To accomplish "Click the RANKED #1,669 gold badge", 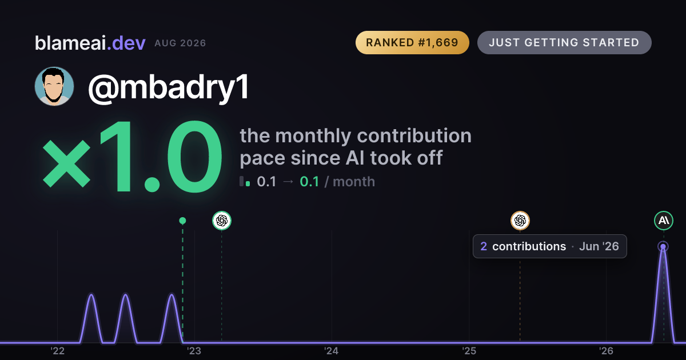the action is pyautogui.click(x=412, y=42).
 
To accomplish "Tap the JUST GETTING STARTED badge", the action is pyautogui.click(x=564, y=42).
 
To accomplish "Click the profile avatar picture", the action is pyautogui.click(x=54, y=86).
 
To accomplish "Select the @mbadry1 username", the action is pyautogui.click(x=169, y=88).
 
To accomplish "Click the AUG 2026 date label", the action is pyautogui.click(x=180, y=43).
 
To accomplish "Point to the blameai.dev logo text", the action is pyautogui.click(x=90, y=43).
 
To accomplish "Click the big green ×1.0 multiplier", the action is pyautogui.click(x=132, y=157).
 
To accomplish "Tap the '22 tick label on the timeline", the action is pyautogui.click(x=57, y=351).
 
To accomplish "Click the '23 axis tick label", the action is pyautogui.click(x=194, y=351).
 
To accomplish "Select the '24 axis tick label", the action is pyautogui.click(x=332, y=351).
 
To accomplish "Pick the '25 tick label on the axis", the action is pyautogui.click(x=469, y=351).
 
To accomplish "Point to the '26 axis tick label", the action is pyautogui.click(x=606, y=351).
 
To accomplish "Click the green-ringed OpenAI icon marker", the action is pyautogui.click(x=222, y=221).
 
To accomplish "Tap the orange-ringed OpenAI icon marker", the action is pyautogui.click(x=520, y=221).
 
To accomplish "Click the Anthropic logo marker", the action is pyautogui.click(x=664, y=221).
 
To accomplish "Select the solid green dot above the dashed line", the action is pyautogui.click(x=182, y=221).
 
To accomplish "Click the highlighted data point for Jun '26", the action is pyautogui.click(x=663, y=246).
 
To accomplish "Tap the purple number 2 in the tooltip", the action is pyautogui.click(x=484, y=246).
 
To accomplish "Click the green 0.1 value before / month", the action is pyautogui.click(x=309, y=182).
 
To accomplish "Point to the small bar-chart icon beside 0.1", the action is pyautogui.click(x=245, y=181).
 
